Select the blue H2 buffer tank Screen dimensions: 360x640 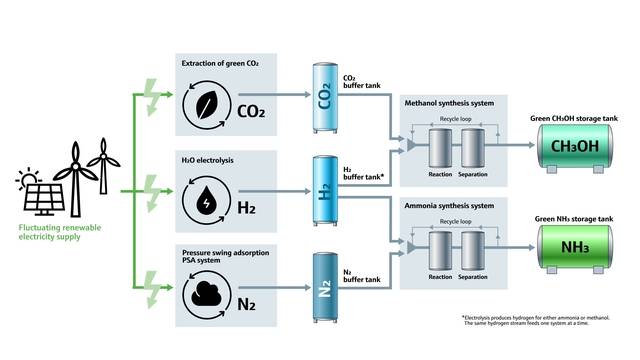tap(326, 193)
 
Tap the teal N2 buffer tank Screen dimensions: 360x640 tap(326, 291)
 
